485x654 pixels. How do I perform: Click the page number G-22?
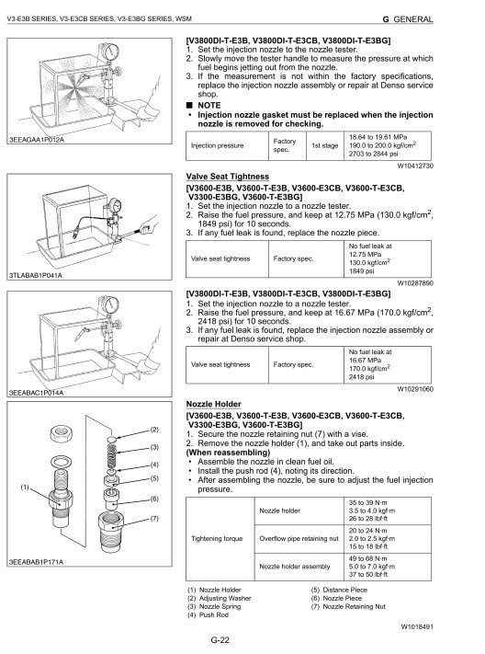tap(220, 640)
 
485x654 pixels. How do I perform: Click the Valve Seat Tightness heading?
tap(228, 177)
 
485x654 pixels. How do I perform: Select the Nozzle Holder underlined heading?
tap(214, 404)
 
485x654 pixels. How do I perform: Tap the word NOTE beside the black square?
tap(209, 106)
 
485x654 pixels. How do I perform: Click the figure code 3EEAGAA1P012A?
tap(37, 140)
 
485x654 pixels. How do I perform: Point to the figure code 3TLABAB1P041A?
tap(36, 275)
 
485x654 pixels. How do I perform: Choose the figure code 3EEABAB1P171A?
tap(36, 562)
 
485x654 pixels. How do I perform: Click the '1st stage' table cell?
tap(325, 145)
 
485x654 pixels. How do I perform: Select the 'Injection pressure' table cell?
tap(217, 145)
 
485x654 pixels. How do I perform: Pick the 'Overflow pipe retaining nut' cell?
tap(299, 538)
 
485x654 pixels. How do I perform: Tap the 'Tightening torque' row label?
tap(217, 538)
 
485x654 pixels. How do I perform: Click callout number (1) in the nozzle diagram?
tap(25, 487)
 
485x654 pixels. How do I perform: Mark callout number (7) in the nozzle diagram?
tap(154, 519)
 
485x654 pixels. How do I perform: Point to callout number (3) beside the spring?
tap(154, 447)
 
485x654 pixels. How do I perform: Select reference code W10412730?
tap(415, 166)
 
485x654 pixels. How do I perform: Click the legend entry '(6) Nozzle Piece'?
tap(337, 598)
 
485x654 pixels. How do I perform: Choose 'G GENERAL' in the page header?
tap(408, 19)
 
